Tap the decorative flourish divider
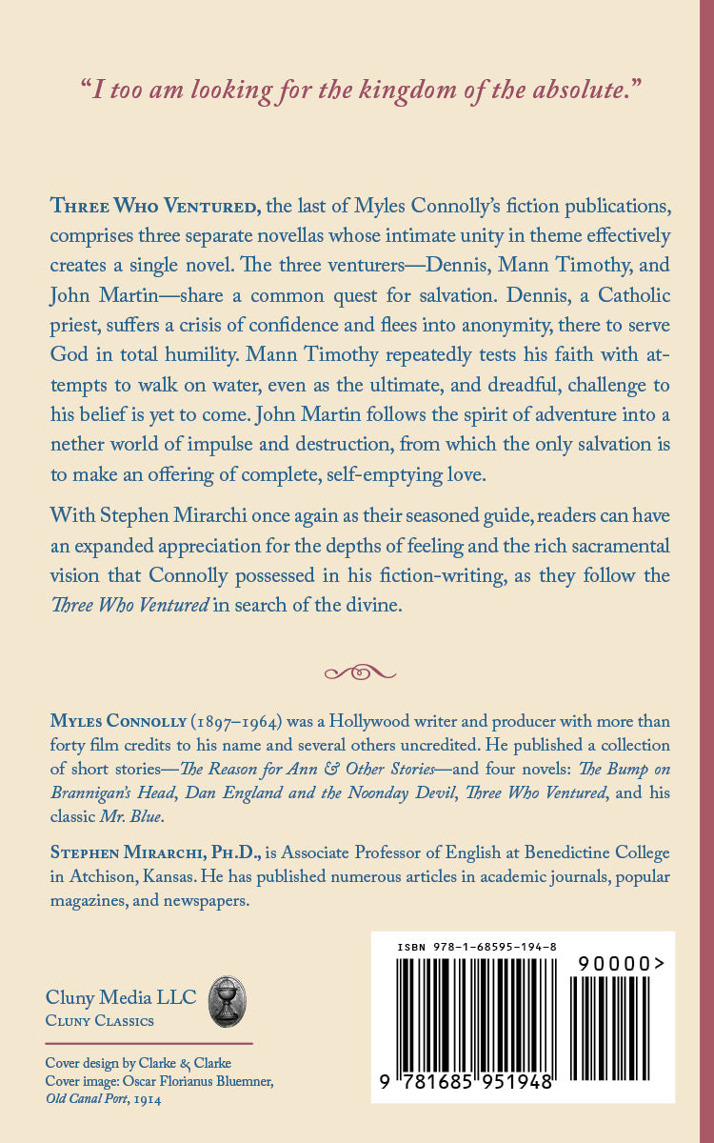360,672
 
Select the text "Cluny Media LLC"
121,998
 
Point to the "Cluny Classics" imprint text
100,1021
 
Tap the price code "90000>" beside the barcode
621,964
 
